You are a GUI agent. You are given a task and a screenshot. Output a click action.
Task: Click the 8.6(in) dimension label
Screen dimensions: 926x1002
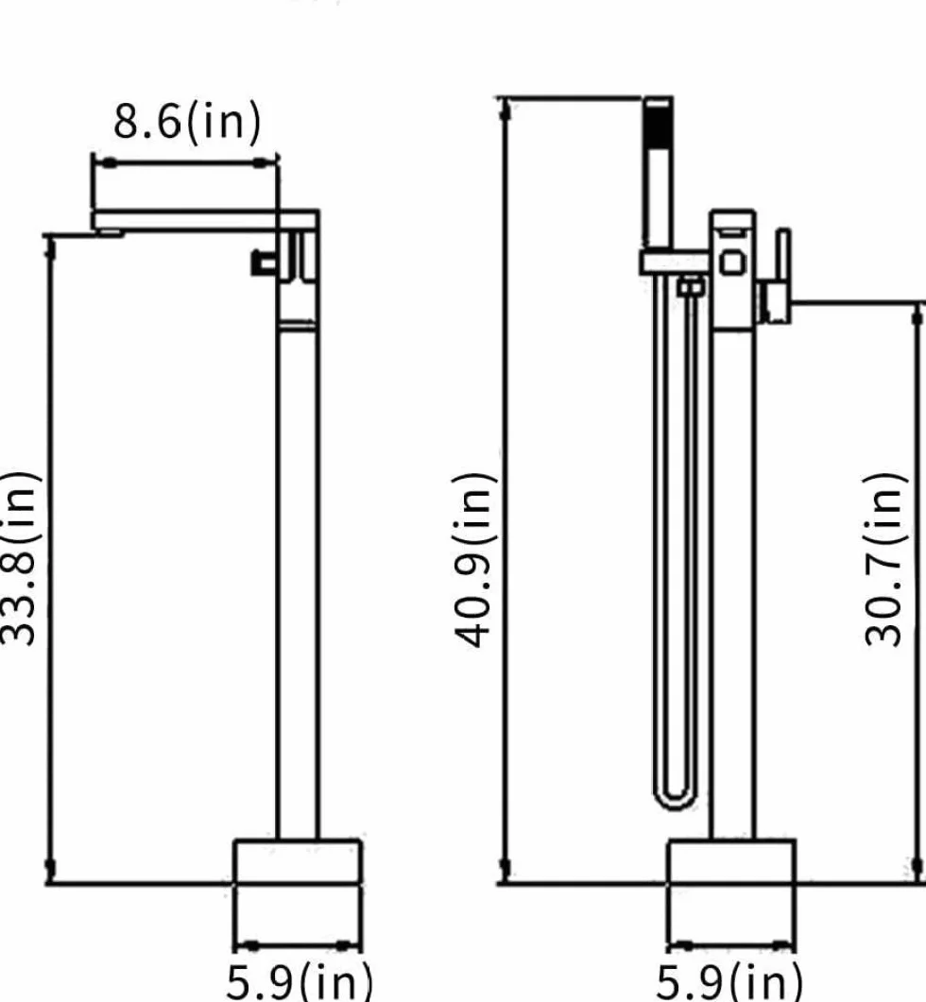tap(187, 121)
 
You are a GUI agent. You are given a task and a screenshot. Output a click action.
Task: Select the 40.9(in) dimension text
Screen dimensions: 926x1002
tap(474, 560)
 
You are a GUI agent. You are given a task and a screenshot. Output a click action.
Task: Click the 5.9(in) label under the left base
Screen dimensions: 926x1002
tap(300, 981)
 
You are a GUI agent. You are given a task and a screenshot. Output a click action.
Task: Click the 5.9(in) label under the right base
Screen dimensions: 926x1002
tap(729, 981)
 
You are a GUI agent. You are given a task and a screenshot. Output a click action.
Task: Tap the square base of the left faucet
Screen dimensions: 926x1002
tap(298, 861)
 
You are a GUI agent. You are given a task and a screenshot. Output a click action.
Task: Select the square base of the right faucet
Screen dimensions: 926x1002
tap(732, 862)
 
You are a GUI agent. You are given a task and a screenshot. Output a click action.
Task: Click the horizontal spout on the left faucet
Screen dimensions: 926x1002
tap(205, 220)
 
